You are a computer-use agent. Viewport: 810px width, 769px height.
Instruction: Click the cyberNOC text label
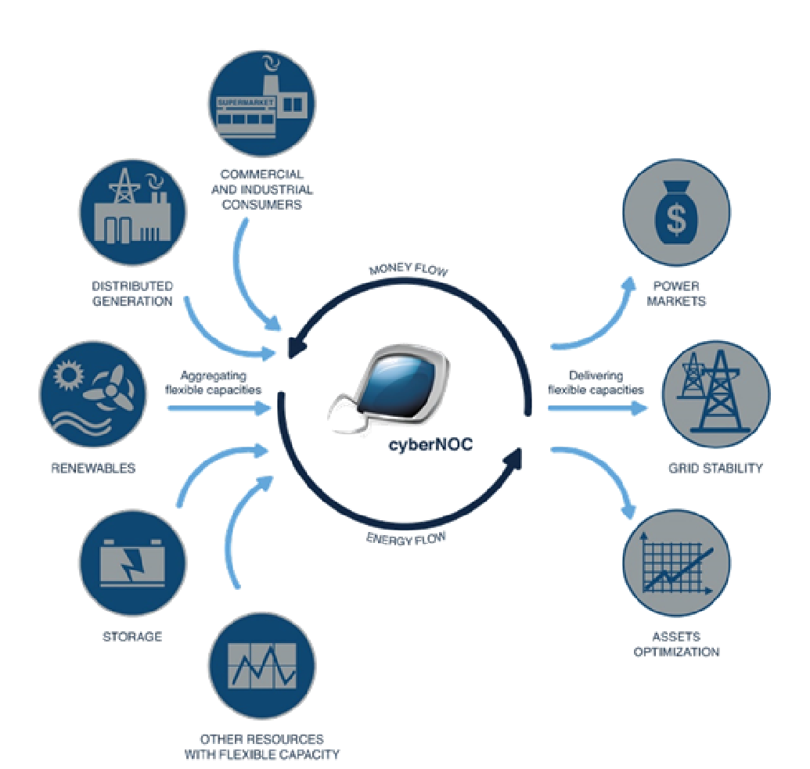pos(418,447)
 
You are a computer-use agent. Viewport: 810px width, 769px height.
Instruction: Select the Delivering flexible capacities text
pos(596,383)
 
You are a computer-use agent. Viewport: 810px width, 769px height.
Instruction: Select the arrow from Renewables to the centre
pos(219,407)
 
